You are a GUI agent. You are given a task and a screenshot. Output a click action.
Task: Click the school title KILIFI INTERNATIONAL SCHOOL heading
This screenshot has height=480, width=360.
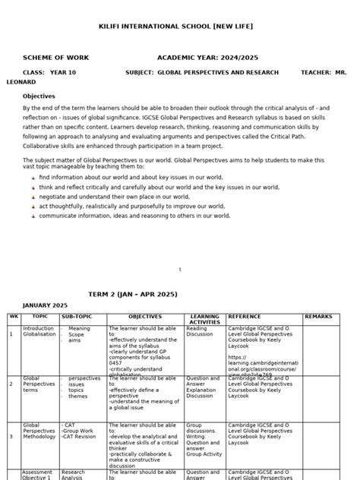(176, 27)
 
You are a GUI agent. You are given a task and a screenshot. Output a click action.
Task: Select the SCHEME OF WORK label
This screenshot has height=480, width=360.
(55, 58)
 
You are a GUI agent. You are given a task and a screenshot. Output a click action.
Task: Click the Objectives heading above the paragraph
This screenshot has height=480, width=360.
(39, 96)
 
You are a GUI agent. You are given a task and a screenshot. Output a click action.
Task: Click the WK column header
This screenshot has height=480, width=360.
(13, 316)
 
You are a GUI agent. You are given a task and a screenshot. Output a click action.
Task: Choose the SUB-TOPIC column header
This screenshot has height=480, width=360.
(77, 316)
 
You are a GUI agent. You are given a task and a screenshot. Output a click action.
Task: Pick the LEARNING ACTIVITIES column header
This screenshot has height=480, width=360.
(204, 319)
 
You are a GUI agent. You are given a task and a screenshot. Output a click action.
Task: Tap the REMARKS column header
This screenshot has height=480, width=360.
(318, 316)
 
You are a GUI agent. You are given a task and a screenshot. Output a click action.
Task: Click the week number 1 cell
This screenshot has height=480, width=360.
(11, 333)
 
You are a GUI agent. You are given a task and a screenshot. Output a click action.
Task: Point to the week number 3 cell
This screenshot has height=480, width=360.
(11, 437)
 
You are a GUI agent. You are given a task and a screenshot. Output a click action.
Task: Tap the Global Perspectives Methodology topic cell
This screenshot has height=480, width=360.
(39, 432)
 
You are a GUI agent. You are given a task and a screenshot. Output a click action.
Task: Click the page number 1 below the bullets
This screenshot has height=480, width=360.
(180, 269)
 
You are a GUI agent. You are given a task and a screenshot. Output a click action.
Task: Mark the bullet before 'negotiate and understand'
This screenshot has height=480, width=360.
(33, 197)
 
